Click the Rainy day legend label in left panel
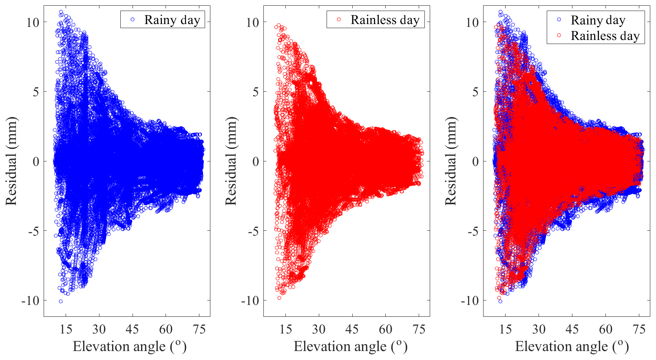click(172, 20)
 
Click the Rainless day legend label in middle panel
click(385, 20)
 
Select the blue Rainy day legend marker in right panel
click(559, 20)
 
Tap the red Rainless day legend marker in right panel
click(559, 35)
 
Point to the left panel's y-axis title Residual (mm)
click(11, 161)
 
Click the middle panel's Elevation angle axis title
click(350, 346)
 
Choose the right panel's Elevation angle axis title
click(572, 346)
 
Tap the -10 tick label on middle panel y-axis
click(250, 301)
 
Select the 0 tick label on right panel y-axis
click(475, 161)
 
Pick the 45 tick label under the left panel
click(132, 329)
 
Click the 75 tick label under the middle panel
click(419, 329)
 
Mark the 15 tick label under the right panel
click(505, 329)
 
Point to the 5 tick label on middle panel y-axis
click(255, 92)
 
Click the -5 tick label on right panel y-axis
click(473, 231)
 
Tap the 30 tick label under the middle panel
click(319, 329)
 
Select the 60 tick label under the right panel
click(605, 329)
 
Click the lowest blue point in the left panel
click(61, 301)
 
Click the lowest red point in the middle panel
click(279, 298)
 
